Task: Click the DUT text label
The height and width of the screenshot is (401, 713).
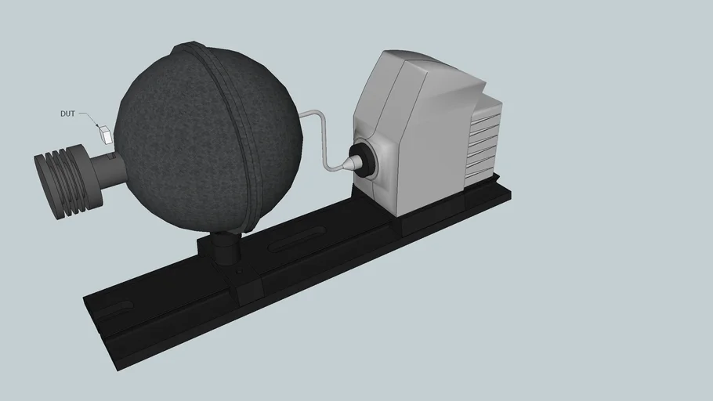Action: click(x=68, y=114)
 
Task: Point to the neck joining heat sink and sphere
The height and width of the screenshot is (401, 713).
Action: click(x=106, y=170)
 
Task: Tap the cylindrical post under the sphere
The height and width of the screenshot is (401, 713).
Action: click(x=226, y=249)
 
